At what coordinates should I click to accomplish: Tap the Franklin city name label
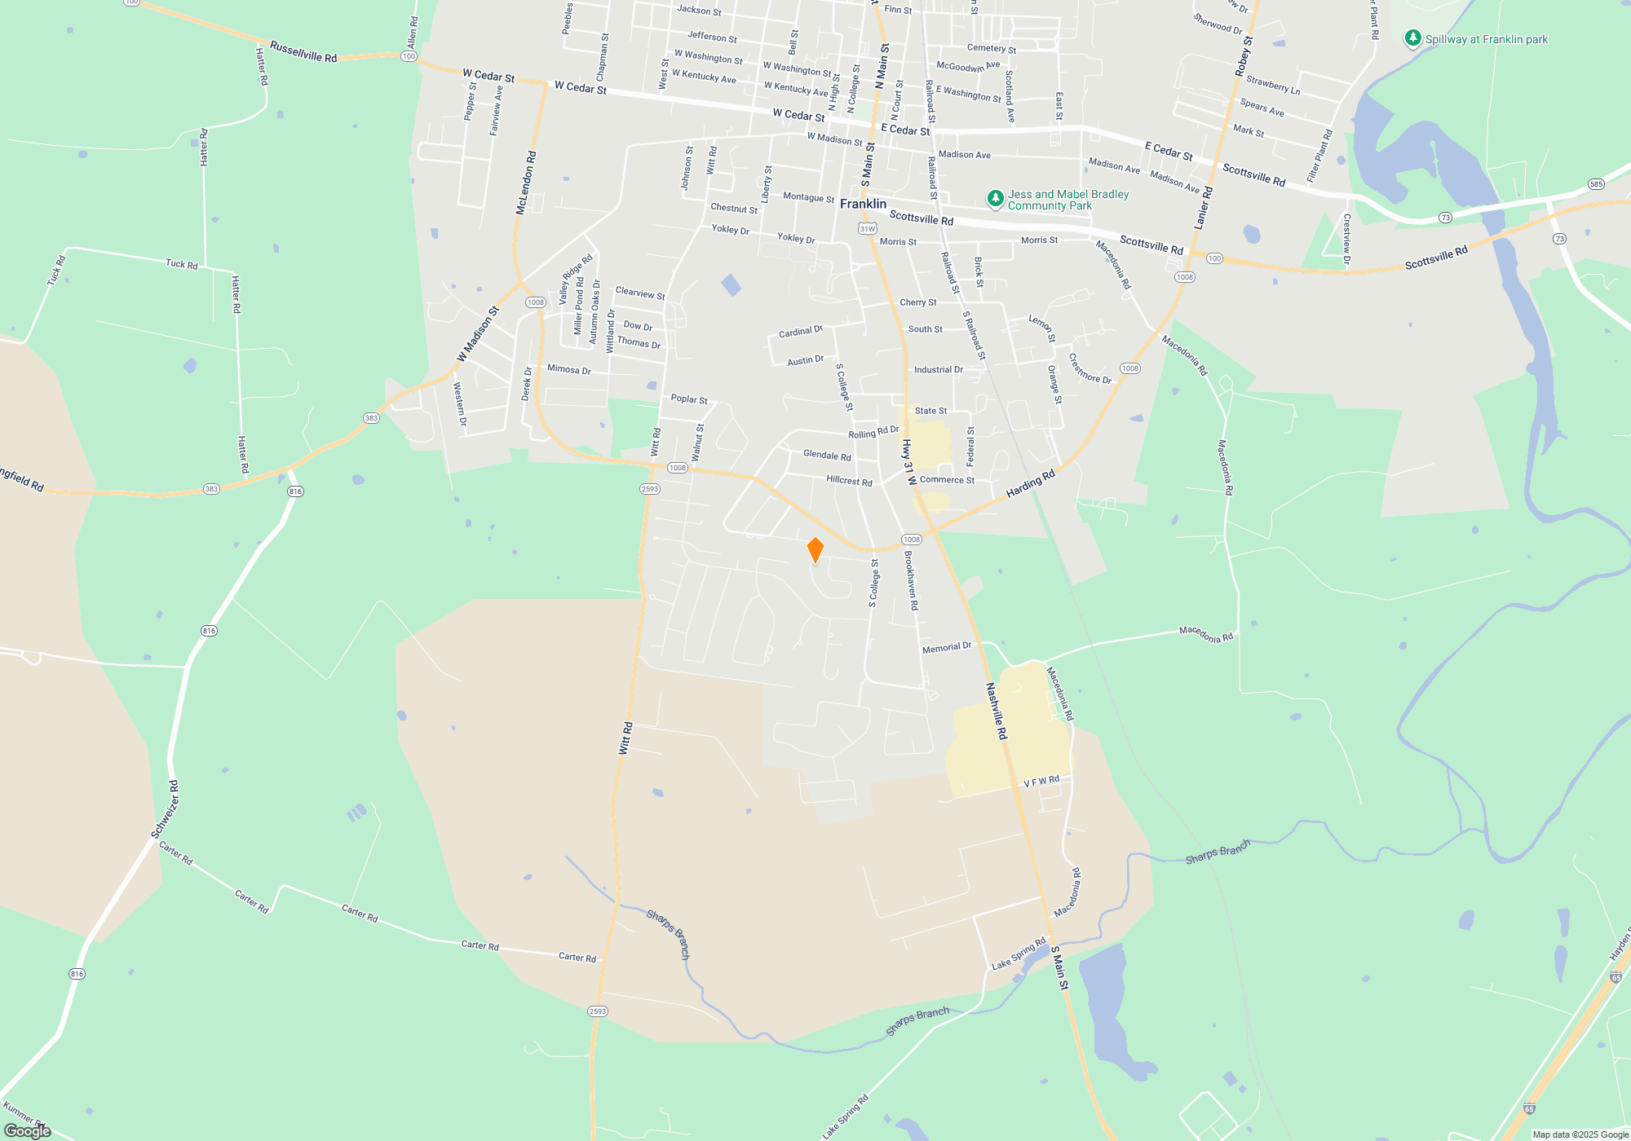coord(863,204)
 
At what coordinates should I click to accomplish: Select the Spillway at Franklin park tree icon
coord(1412,38)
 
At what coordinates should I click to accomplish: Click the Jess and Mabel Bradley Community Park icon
coord(995,198)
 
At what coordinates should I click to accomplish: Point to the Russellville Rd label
coord(303,52)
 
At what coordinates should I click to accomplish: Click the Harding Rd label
coord(1030,484)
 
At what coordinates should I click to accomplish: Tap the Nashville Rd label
coord(997,711)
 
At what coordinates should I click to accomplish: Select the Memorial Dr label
coord(946,648)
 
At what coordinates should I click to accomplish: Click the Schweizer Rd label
coord(165,808)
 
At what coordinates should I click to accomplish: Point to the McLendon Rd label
coord(526,183)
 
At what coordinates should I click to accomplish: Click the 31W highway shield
coord(867,229)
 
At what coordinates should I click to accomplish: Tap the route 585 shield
coord(1596,184)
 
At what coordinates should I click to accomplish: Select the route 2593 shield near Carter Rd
coord(598,1011)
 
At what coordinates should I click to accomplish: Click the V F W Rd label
coord(1041,782)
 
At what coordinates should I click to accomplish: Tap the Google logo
coord(28,1130)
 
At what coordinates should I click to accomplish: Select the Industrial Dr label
coord(938,370)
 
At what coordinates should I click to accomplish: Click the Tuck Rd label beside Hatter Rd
coord(181,264)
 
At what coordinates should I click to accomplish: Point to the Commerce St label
coord(947,480)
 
